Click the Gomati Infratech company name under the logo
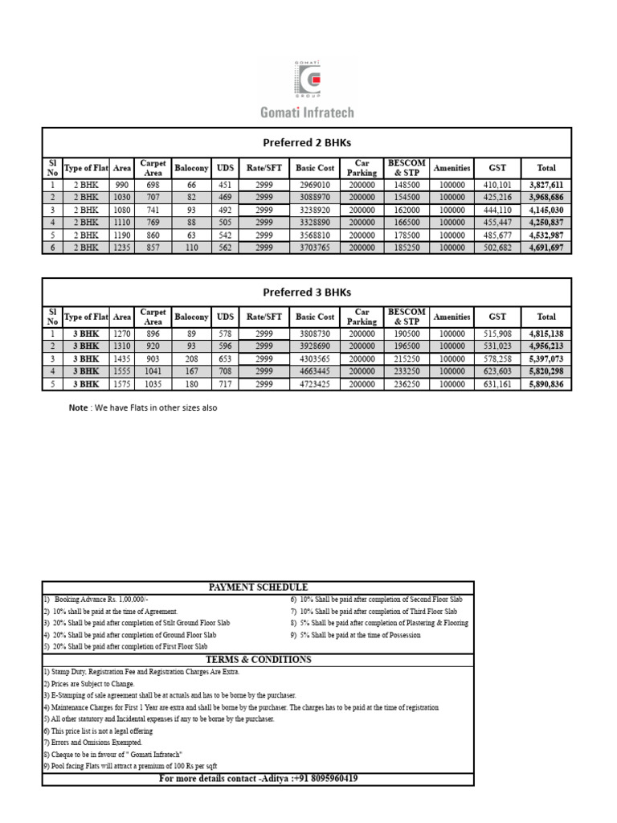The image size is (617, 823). [307, 113]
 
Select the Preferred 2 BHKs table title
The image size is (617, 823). [307, 142]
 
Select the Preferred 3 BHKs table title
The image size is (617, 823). [307, 293]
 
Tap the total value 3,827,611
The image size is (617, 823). [545, 184]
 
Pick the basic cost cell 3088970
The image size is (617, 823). [315, 197]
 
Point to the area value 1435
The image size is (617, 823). [122, 358]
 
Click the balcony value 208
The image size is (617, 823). [191, 358]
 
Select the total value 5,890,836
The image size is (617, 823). [545, 384]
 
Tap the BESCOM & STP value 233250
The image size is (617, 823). [407, 371]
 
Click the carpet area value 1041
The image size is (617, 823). [153, 371]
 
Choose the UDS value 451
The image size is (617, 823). [226, 184]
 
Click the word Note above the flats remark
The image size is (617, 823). [78, 407]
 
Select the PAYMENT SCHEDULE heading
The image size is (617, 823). [258, 588]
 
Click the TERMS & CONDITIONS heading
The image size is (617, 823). [258, 659]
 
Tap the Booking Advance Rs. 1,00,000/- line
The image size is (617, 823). [98, 600]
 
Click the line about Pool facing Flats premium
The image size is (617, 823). [131, 766]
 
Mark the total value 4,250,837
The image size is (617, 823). [545, 223]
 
